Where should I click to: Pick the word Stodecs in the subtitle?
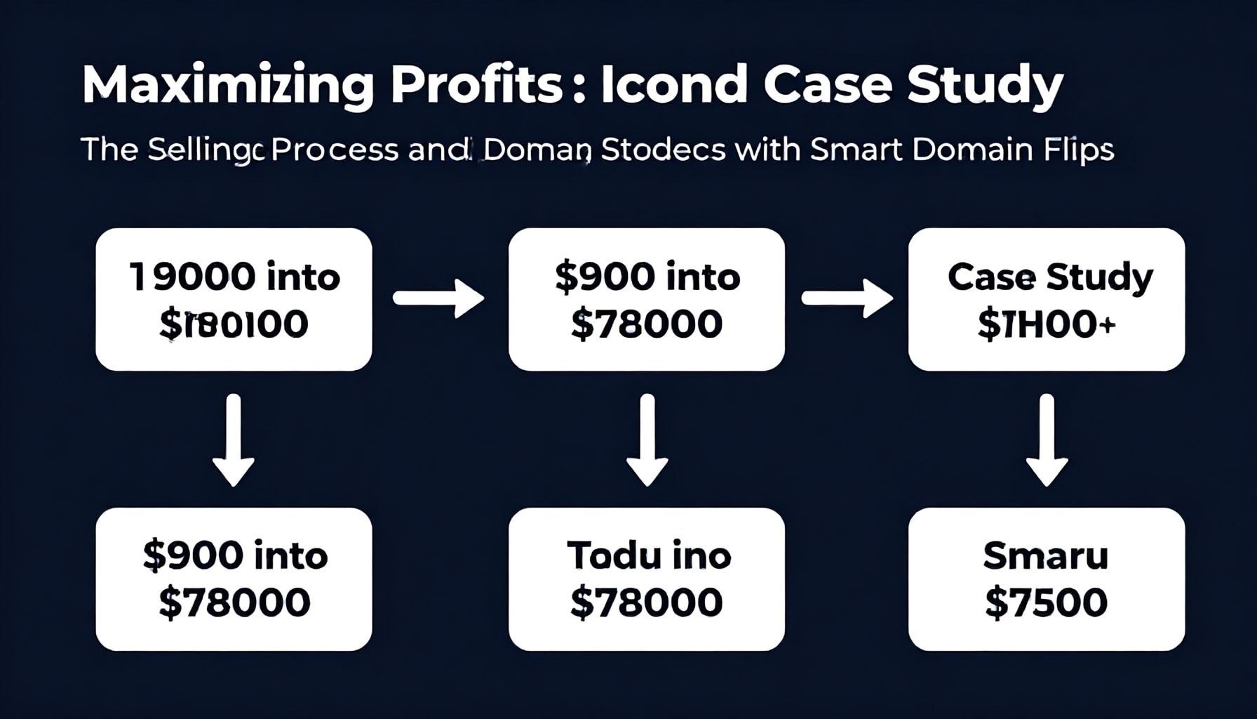[x=663, y=150]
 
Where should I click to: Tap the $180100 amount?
[x=234, y=324]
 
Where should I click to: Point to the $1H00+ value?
[x=1046, y=324]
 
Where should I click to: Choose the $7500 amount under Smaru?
[x=1046, y=602]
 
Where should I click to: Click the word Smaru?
[x=1046, y=556]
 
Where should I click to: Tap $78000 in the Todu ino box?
[x=646, y=602]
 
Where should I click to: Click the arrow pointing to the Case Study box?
[x=847, y=298]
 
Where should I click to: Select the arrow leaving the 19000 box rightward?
[x=438, y=298]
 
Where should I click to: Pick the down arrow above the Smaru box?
[x=1047, y=440]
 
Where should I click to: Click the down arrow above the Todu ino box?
[x=647, y=440]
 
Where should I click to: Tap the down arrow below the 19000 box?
[x=234, y=440]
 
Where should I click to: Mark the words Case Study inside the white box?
[x=1050, y=277]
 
